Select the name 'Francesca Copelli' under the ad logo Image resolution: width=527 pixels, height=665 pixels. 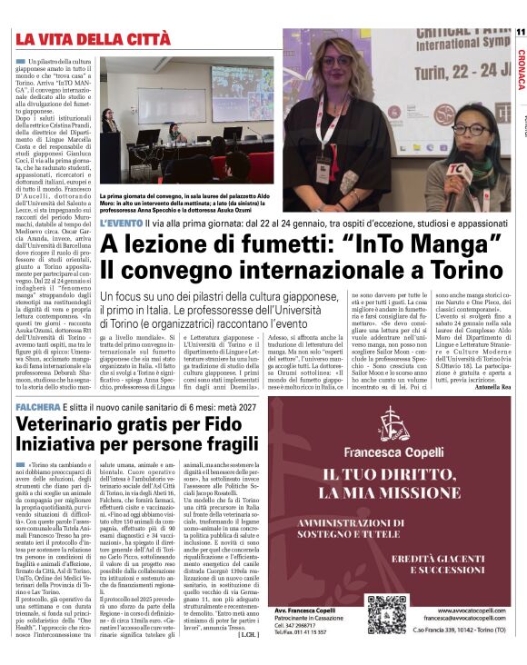(390, 449)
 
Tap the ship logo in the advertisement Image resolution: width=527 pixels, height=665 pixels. (390, 423)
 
